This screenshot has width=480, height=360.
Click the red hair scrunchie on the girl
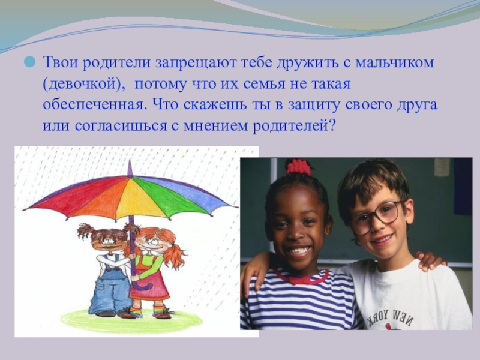298,167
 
